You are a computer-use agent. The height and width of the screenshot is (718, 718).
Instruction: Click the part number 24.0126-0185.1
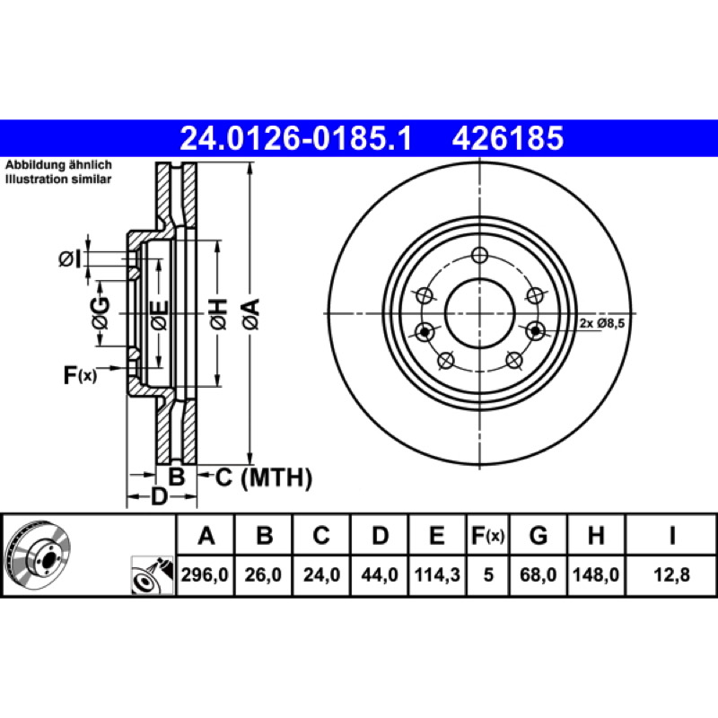click(x=296, y=139)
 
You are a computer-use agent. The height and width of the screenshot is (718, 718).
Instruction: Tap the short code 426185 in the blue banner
click(x=507, y=139)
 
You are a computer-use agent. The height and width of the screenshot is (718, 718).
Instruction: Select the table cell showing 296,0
click(x=205, y=574)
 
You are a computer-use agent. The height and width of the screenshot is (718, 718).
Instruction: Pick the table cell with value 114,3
click(x=437, y=574)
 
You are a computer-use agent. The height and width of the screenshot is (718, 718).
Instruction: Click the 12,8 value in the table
click(x=671, y=574)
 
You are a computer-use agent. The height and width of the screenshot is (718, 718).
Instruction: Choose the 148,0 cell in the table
click(x=596, y=574)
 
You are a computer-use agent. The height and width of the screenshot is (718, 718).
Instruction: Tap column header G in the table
click(x=538, y=535)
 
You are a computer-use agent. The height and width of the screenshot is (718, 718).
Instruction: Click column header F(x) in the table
click(x=488, y=535)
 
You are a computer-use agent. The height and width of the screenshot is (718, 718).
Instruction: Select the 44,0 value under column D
click(x=380, y=574)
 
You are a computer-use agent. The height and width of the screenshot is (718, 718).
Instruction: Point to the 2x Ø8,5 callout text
click(x=602, y=324)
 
